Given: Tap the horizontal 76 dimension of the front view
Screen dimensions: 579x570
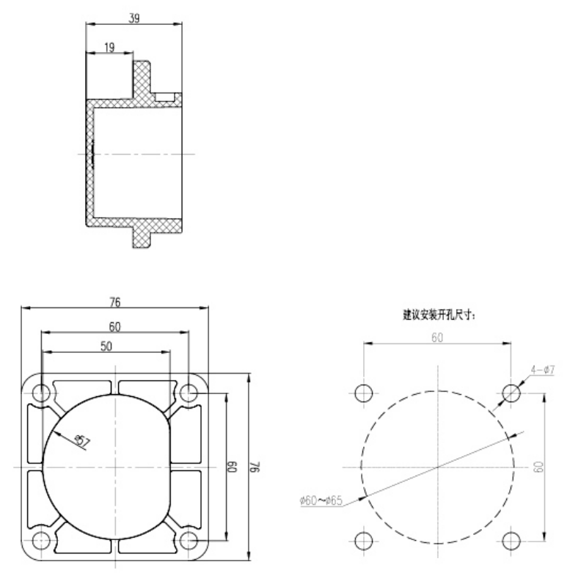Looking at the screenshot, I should point(115,302).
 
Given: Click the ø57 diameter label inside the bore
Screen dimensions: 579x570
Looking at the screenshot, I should point(83,441).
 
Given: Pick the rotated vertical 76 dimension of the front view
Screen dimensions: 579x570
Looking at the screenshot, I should point(259,467).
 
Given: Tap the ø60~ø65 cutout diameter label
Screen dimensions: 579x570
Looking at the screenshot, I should point(321,500).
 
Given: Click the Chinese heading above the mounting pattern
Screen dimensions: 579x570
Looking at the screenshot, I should point(438,314).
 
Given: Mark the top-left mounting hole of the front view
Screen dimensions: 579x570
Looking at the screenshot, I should point(42,392).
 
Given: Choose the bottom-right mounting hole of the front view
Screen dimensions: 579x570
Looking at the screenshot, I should point(189,541).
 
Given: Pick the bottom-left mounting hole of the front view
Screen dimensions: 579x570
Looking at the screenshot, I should point(42,541).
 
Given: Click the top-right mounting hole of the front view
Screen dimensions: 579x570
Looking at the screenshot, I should point(189,392).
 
